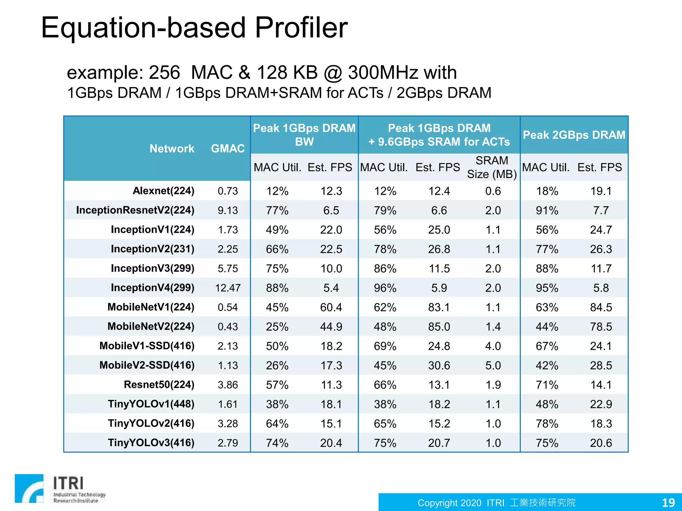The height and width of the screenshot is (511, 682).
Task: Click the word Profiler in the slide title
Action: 301,28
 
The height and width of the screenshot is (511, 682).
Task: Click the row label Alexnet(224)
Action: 163,191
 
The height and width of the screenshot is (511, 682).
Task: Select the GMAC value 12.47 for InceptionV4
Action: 228,288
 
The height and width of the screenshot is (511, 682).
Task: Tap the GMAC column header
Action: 228,148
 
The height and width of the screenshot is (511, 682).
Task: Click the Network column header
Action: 172,148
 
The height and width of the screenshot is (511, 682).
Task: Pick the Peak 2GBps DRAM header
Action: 574,135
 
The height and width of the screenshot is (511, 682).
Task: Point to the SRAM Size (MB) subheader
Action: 492,167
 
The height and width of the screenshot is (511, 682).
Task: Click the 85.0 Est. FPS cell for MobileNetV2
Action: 439,327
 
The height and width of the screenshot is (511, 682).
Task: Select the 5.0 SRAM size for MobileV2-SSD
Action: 493,365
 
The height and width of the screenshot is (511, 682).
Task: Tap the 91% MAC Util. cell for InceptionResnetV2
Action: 547,211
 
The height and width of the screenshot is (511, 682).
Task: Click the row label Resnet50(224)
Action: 159,385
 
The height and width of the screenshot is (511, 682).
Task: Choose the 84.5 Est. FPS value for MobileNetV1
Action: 601,307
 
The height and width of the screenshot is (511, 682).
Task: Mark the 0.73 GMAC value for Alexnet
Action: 228,191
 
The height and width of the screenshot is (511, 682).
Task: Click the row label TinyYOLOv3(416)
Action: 151,443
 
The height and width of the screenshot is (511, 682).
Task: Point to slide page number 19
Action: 668,502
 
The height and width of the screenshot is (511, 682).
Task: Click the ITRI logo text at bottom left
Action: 69,483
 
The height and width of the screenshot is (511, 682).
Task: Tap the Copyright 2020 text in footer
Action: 449,503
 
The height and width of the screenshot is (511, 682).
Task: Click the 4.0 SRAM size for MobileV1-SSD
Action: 493,346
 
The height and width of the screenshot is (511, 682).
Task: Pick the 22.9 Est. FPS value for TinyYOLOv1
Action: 601,404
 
